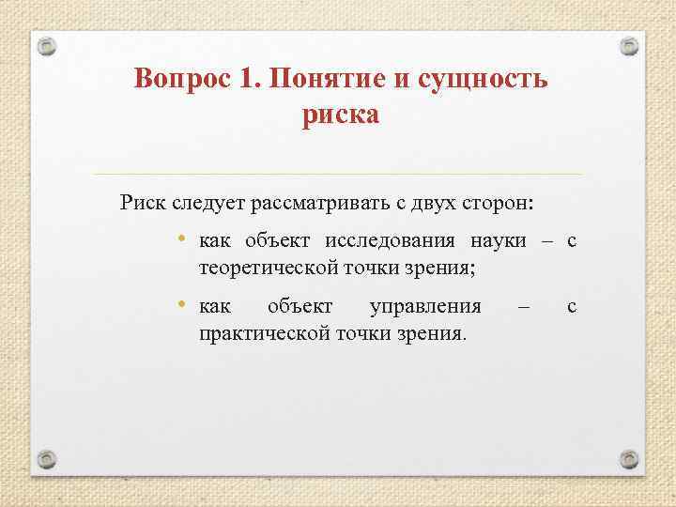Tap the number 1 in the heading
pyautogui.click(x=246, y=78)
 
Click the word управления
pyautogui.click(x=426, y=307)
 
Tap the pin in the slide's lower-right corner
pyautogui.click(x=629, y=459)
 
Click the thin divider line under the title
pyautogui.click(x=338, y=175)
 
